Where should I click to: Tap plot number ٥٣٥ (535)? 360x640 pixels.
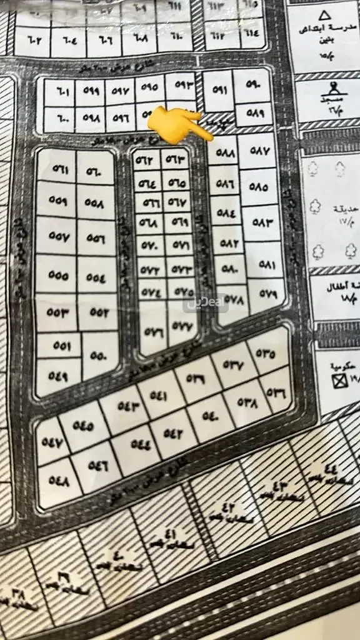tap(265, 352)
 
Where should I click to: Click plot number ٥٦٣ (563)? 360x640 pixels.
tap(176, 159)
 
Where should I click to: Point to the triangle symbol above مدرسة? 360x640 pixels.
tap(324, 15)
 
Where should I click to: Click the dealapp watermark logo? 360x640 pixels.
tap(206, 302)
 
